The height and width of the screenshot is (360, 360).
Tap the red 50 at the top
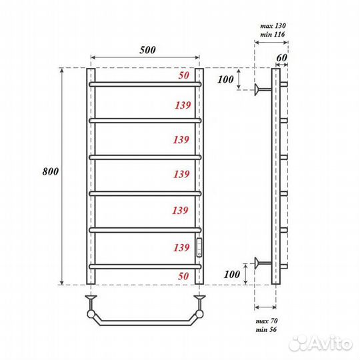[x=183, y=76]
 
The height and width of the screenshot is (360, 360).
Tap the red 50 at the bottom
[x=183, y=275]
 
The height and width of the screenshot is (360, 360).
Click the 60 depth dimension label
[x=281, y=57]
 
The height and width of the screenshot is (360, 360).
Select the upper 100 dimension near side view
[x=227, y=79]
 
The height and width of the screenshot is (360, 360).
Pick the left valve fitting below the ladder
[x=91, y=297]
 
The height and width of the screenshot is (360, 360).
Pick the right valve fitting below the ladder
[x=198, y=297]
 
